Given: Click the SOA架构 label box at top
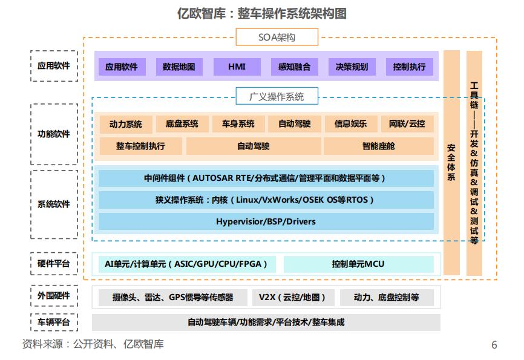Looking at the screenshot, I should [x=277, y=38].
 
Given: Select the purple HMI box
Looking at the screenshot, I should [x=237, y=67].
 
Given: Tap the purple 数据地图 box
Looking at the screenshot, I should [x=179, y=67].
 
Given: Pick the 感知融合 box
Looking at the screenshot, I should [x=294, y=67].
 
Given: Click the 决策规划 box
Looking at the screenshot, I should [x=352, y=67].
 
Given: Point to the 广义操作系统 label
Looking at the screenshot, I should [x=277, y=96].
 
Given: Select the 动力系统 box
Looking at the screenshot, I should [x=126, y=124].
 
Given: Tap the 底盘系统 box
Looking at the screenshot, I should [x=182, y=124].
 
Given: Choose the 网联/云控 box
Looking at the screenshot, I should [x=407, y=124].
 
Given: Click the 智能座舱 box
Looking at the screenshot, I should [x=379, y=146].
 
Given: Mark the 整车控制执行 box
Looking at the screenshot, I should [x=140, y=146].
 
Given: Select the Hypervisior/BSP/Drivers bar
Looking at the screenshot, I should [x=266, y=221].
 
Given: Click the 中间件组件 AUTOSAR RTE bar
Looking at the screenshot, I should [x=266, y=178].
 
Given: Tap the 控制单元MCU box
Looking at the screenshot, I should [x=358, y=264].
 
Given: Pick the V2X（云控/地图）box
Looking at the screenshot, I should [x=292, y=297].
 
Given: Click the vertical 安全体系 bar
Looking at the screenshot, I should [x=451, y=162].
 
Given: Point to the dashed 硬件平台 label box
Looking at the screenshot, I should [x=54, y=264].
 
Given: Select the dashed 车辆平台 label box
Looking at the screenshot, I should [x=54, y=322].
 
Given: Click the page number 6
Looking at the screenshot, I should [x=494, y=345].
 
